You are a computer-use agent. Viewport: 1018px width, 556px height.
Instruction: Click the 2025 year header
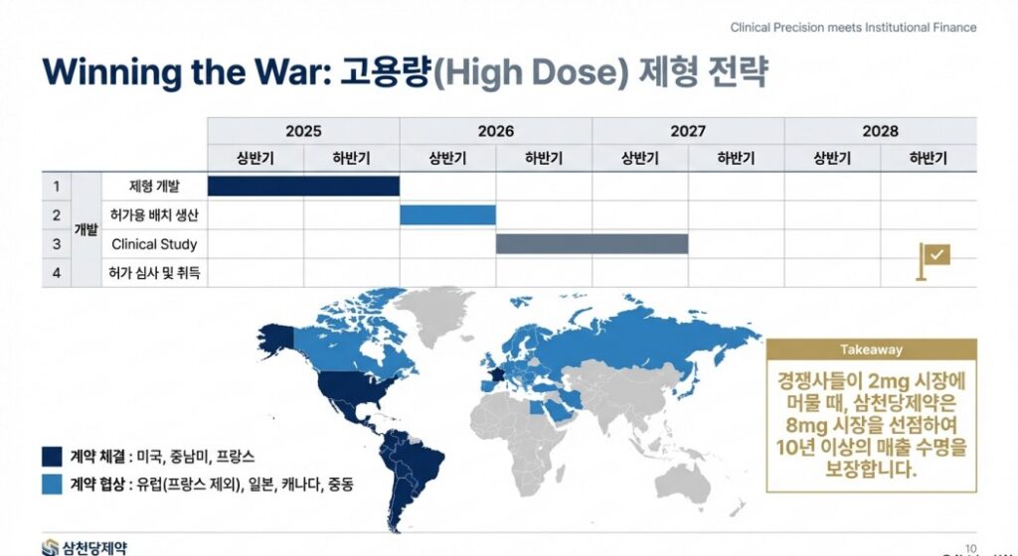click(x=303, y=131)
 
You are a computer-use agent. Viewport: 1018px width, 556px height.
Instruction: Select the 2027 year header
click(x=688, y=131)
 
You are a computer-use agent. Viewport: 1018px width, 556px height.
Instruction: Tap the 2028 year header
click(x=880, y=131)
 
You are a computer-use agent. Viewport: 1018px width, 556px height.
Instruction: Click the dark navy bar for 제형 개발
click(x=303, y=186)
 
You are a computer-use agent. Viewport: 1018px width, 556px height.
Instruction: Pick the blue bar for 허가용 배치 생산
click(x=447, y=214)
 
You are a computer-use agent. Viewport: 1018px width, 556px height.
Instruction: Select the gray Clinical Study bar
click(x=592, y=244)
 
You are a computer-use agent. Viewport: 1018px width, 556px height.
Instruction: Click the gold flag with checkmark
click(x=933, y=257)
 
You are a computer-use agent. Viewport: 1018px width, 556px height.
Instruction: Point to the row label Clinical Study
click(x=154, y=244)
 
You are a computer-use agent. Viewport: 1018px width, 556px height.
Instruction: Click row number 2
click(x=57, y=214)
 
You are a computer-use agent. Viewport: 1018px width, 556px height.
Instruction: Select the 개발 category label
click(x=86, y=229)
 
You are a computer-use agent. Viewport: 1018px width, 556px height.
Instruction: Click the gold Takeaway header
click(x=872, y=349)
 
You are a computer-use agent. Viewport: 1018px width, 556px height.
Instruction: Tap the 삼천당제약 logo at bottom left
click(x=85, y=546)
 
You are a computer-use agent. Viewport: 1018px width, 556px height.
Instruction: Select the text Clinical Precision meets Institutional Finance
click(x=853, y=28)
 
